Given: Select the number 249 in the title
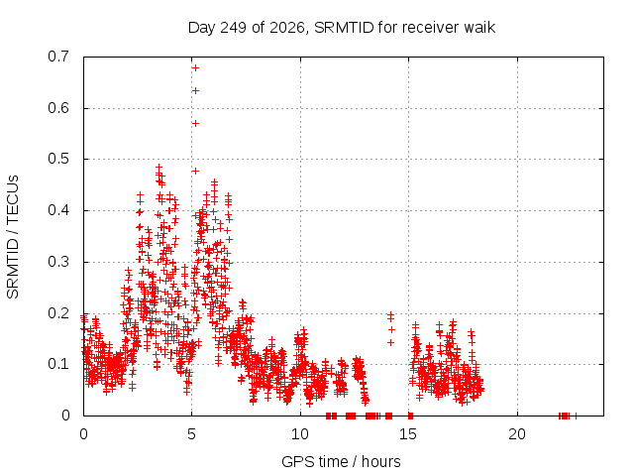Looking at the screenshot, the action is click(234, 28).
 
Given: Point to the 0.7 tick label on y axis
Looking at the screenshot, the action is click(58, 57).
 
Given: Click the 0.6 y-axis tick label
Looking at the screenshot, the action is click(58, 108).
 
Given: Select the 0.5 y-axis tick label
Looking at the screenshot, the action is click(58, 159).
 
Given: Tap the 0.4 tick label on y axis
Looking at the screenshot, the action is click(58, 210).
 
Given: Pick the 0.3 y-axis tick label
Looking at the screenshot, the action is click(58, 262).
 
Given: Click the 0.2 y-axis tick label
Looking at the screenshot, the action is click(58, 313).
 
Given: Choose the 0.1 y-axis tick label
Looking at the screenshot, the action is click(58, 364).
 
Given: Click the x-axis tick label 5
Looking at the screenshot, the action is click(191, 434).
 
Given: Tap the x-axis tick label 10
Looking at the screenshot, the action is click(300, 434).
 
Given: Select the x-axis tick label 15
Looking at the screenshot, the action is click(408, 434).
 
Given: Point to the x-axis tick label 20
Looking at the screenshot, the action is click(517, 434).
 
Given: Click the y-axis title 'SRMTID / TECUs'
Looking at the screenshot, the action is click(13, 237).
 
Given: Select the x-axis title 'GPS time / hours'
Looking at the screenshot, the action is click(341, 462).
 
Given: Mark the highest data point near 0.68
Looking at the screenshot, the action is click(195, 68).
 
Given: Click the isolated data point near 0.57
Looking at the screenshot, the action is click(195, 123).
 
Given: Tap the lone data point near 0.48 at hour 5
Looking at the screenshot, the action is click(195, 172).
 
